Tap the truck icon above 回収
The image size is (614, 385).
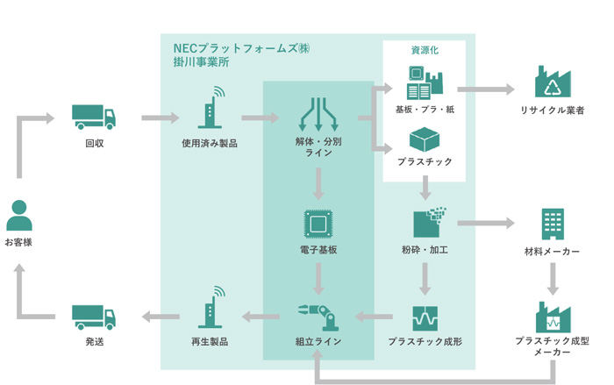pyautogui.click(x=93, y=116)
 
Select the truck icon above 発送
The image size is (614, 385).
pyautogui.click(x=93, y=316)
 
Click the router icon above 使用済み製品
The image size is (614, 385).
pyautogui.click(x=210, y=109)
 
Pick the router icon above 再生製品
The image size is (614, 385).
pyautogui.click(x=210, y=308)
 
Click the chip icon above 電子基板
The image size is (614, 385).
pyautogui.click(x=318, y=224)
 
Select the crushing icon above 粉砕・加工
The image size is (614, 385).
pyautogui.click(x=429, y=223)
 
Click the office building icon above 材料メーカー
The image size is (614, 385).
pyautogui.click(x=553, y=224)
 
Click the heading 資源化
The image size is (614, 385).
pyautogui.click(x=425, y=50)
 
